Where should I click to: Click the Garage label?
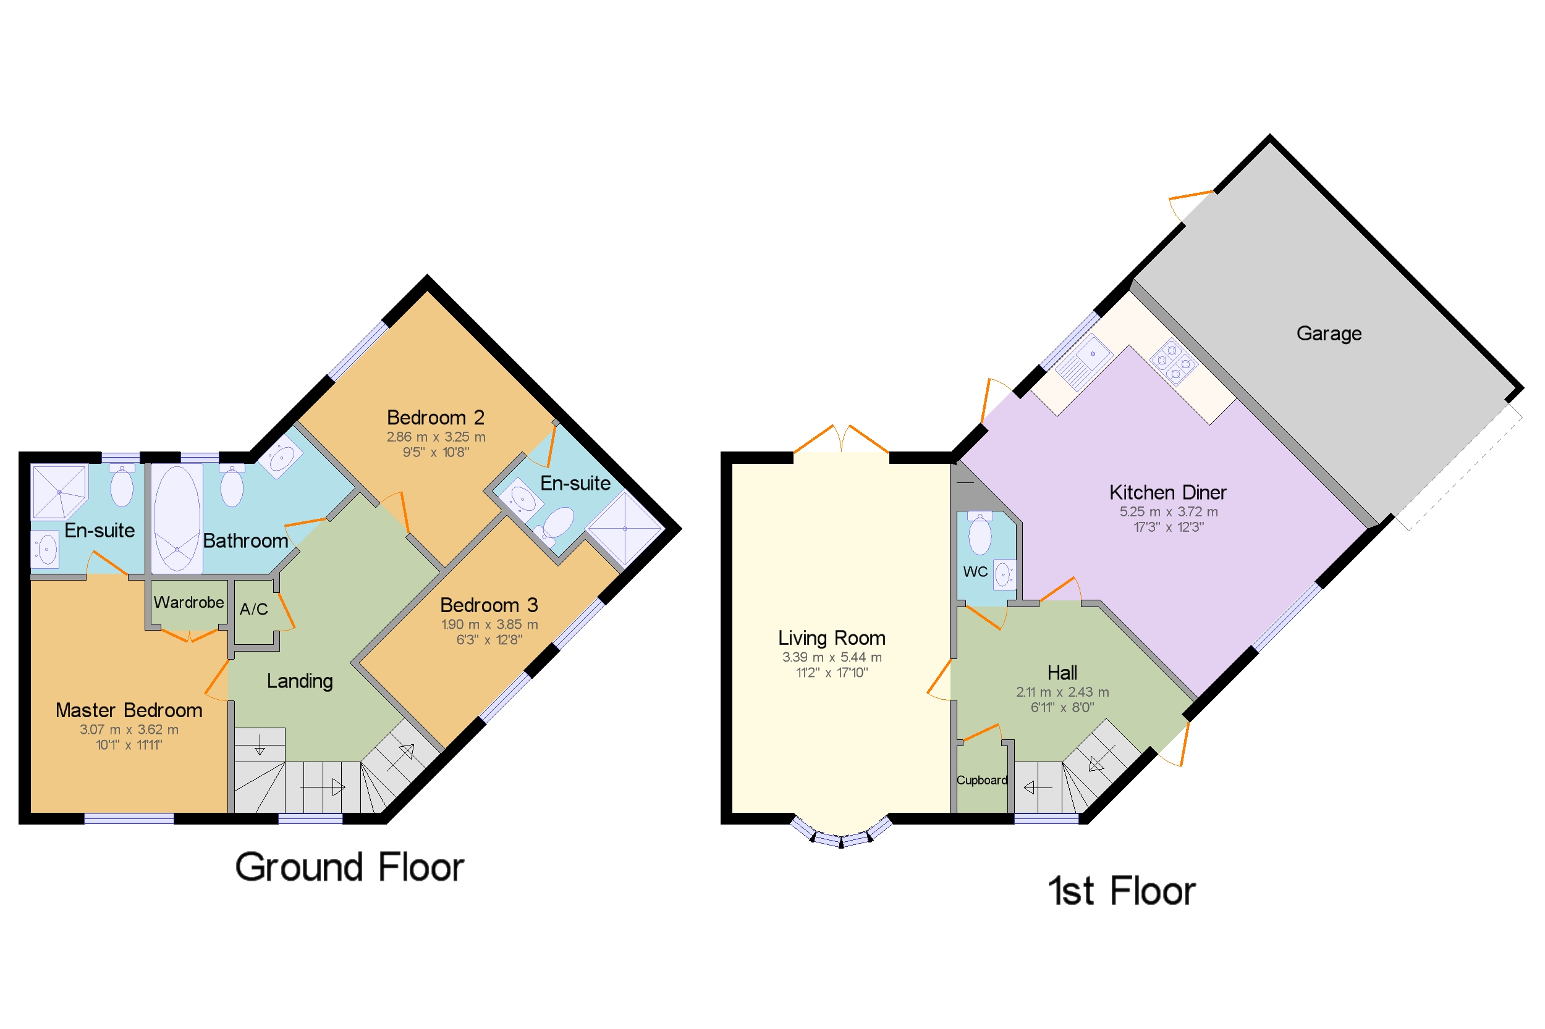click(x=1328, y=334)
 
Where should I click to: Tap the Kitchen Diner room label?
click(x=1167, y=492)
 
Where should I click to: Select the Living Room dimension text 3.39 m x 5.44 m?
click(x=831, y=657)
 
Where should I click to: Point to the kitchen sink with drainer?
click(x=1083, y=360)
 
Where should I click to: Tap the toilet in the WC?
click(x=980, y=532)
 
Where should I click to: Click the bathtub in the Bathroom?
click(x=177, y=518)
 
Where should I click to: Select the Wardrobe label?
click(x=188, y=602)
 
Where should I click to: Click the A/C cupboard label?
click(x=253, y=609)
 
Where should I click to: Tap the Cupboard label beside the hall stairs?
click(x=981, y=779)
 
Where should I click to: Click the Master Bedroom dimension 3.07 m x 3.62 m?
click(x=129, y=729)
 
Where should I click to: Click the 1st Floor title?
click(x=1121, y=891)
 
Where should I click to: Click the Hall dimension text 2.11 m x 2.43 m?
click(x=1062, y=692)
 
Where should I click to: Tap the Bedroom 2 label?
click(x=435, y=418)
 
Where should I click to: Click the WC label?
click(x=975, y=571)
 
